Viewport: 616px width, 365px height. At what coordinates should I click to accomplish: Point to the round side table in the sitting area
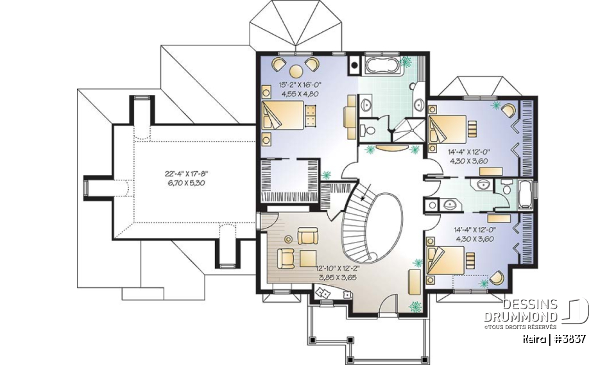[287, 239]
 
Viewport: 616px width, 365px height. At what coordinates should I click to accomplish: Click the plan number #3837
[569, 339]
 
